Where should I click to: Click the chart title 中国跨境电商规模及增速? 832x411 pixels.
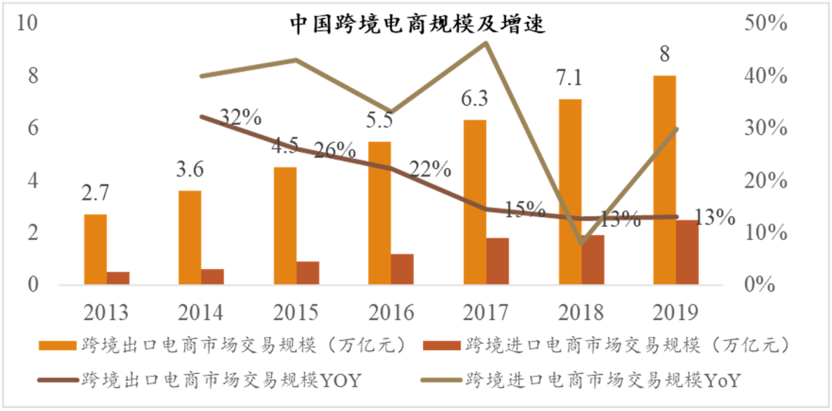click(x=418, y=25)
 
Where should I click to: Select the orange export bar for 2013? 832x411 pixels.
click(x=96, y=250)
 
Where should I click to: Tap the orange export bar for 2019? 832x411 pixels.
click(x=664, y=180)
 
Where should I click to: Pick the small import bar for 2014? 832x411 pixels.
click(x=213, y=277)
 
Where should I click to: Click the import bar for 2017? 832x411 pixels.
click(x=498, y=261)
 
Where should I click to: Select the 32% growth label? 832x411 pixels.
click(x=240, y=118)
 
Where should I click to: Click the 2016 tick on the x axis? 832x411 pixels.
click(x=391, y=312)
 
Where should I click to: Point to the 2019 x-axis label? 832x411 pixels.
click(x=676, y=312)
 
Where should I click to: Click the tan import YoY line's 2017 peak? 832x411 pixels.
click(x=486, y=42)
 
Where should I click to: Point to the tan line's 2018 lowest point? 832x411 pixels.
click(x=582, y=243)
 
